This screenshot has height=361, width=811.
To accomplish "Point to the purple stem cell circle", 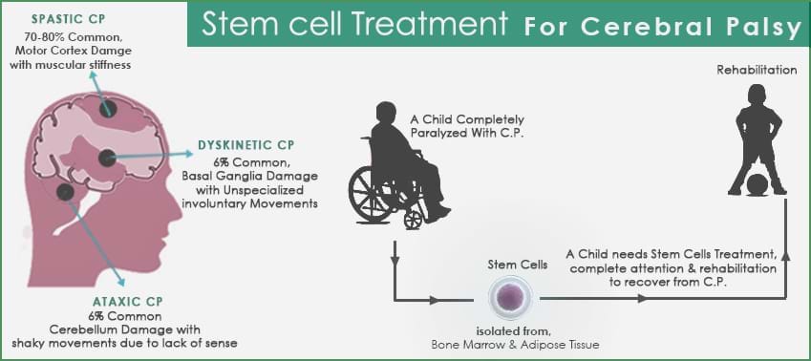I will point(513,299).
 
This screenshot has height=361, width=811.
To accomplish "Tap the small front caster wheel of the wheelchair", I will point(413,220).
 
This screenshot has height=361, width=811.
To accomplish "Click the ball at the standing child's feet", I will point(756,182).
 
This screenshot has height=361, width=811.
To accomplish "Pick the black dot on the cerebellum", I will point(65,192).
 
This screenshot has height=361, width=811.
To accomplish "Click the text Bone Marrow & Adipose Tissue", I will point(513,346).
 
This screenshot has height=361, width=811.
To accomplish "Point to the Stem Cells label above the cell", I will point(513,265).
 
